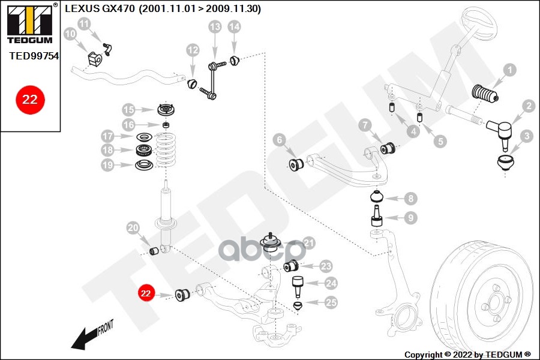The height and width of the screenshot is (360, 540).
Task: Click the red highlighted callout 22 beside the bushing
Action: coord(146,293)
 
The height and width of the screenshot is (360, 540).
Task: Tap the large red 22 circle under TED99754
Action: coord(30,100)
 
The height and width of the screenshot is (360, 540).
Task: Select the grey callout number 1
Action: coord(509,70)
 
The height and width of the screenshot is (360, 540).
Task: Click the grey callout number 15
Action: coord(128,110)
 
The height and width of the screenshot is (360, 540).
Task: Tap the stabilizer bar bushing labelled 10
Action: coord(94,59)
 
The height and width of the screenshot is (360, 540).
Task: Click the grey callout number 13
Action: coord(215,26)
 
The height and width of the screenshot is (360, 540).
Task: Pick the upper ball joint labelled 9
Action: coord(377,216)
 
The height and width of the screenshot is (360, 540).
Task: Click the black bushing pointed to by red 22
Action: coord(182,295)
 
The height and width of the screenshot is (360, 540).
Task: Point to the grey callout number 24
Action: coord(331,283)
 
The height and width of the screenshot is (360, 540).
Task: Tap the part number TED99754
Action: coord(34,56)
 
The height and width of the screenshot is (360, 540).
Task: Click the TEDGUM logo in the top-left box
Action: coord(30,24)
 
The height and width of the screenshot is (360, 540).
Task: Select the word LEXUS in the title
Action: coord(82,8)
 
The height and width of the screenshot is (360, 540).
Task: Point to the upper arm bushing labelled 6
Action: coord(296,164)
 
